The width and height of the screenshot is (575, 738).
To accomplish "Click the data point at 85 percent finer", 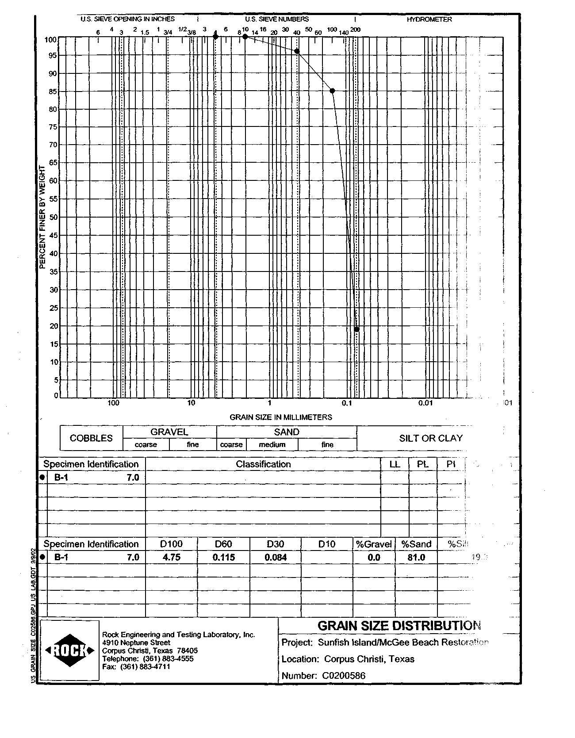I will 332,91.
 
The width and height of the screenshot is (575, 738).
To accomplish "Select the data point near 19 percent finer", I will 356,329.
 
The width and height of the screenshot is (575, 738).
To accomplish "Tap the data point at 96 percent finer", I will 297,51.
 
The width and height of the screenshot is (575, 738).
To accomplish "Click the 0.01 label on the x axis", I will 425,403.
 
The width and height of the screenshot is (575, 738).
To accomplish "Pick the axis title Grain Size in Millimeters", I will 280,417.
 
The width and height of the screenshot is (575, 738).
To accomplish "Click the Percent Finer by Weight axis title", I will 43,217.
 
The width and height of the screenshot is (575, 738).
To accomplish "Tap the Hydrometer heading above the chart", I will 429,19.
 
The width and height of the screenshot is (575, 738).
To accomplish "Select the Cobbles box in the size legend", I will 91,438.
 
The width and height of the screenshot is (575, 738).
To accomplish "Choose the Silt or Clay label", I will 430,438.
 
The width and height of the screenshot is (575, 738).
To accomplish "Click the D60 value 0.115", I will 224,558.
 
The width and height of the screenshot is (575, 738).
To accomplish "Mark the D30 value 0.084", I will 276,558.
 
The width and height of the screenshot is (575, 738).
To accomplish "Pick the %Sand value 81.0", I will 416,558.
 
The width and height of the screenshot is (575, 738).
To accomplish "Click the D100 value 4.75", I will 172,558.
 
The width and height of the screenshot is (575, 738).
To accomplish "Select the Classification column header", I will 263,464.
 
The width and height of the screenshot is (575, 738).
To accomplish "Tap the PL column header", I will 422,464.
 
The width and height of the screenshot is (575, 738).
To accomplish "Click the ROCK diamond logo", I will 70,650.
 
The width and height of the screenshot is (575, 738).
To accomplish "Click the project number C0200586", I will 344,676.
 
